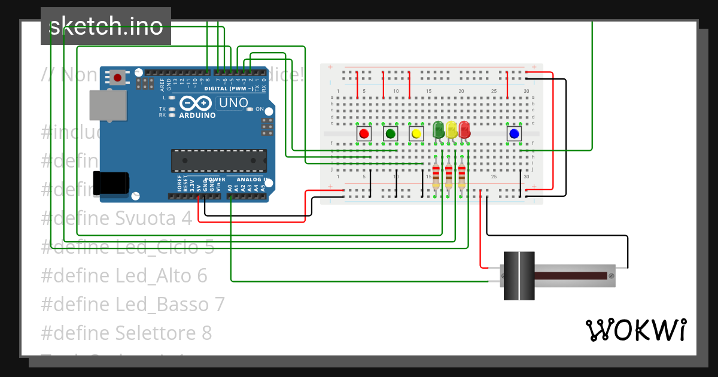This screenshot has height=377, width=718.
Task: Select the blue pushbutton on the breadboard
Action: click(513, 133)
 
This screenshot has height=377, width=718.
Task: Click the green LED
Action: click(438, 129)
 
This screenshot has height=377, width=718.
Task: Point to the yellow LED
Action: click(451, 129)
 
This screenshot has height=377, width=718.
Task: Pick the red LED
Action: click(464, 129)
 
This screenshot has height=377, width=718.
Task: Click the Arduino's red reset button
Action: click(118, 78)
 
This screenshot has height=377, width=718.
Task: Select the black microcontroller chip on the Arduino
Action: click(219, 160)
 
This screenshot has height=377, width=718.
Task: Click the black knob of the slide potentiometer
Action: click(518, 275)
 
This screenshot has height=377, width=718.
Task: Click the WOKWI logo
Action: click(635, 330)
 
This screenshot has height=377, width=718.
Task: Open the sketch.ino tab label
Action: click(106, 26)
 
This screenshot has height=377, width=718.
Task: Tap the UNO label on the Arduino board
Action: click(233, 103)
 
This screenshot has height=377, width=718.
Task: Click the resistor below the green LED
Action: click(436, 175)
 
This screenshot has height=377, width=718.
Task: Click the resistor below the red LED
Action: click(462, 175)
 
